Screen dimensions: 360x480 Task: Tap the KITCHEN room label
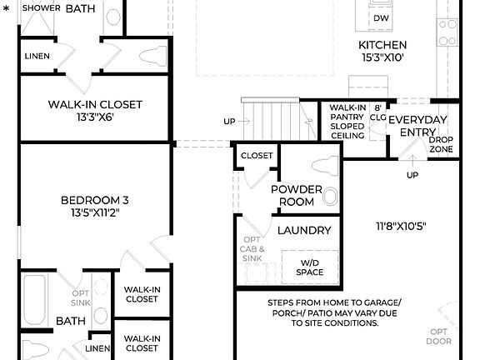382,45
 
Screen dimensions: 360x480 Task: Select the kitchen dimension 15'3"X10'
382,58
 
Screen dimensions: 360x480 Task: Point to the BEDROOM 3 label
94,200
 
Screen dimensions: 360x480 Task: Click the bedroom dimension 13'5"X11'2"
94,213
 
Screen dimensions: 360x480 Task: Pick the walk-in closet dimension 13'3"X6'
94,117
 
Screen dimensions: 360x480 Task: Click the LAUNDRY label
304,230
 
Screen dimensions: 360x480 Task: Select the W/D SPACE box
308,267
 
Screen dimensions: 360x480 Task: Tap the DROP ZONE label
441,143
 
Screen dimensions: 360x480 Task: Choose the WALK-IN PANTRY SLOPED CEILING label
346,122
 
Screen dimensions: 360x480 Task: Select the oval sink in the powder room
331,198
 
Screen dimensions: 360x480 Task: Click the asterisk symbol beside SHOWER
6,8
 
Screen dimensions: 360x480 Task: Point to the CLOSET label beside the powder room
257,156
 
